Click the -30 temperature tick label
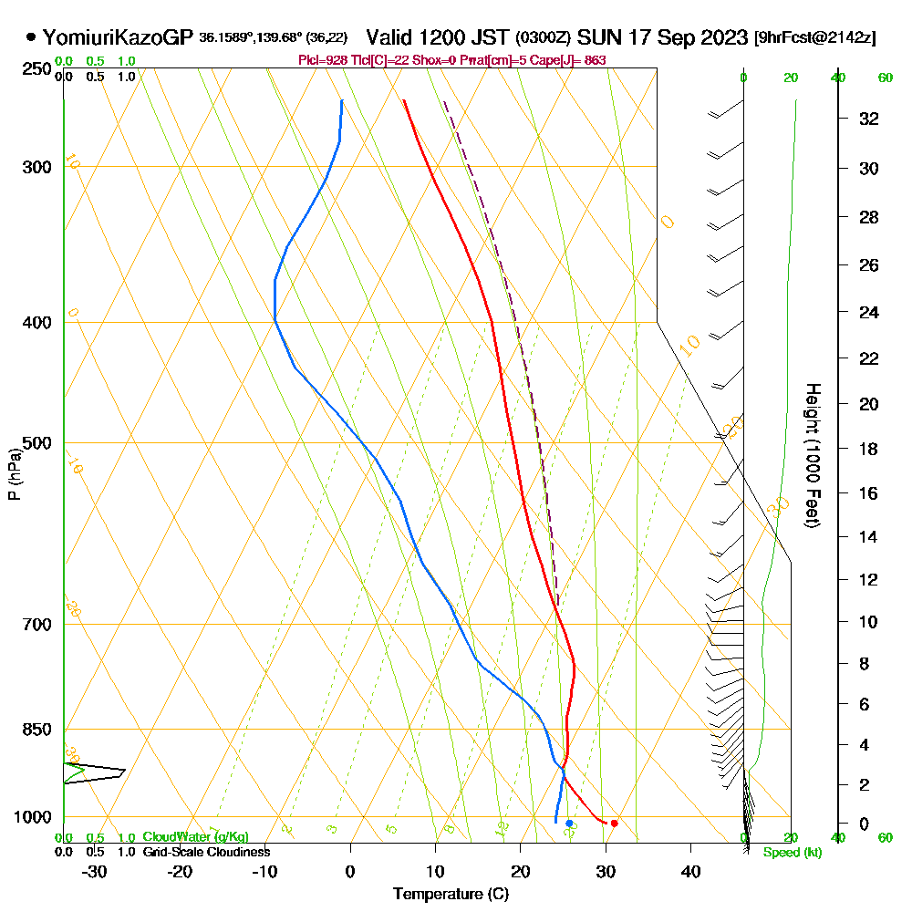click(95, 871)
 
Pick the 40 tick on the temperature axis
click(690, 871)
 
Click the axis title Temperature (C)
click(451, 895)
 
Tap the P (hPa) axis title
click(14, 473)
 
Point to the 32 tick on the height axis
click(869, 119)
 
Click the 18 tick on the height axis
click(869, 449)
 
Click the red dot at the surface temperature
click(614, 824)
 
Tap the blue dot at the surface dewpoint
click(569, 824)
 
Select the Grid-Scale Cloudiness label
click(205, 852)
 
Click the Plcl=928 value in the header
click(325, 60)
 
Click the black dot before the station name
click(32, 38)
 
